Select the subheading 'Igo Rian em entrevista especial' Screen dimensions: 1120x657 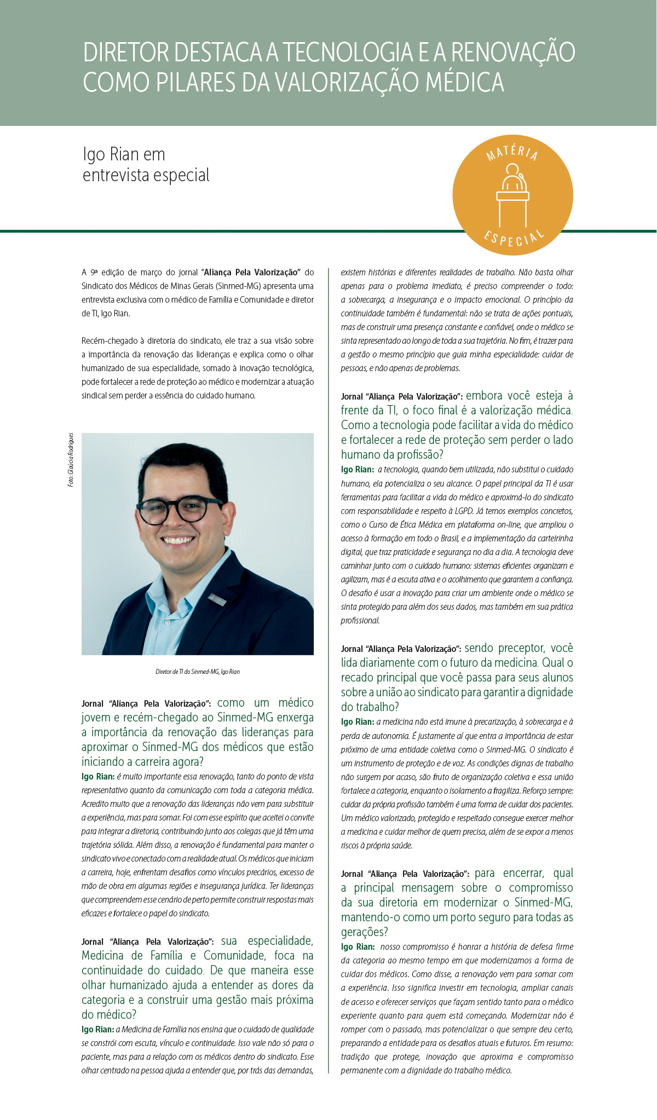point(146,164)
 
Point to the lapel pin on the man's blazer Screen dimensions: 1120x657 point(217,599)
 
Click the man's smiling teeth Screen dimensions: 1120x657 point(177,540)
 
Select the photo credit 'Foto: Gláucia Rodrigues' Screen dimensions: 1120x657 point(71,460)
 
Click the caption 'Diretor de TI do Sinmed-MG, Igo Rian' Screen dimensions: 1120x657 point(198,672)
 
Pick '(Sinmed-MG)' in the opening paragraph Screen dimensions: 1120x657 point(238,286)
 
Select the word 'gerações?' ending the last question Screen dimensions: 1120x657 point(364,932)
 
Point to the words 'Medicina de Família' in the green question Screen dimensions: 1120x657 point(132,956)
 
